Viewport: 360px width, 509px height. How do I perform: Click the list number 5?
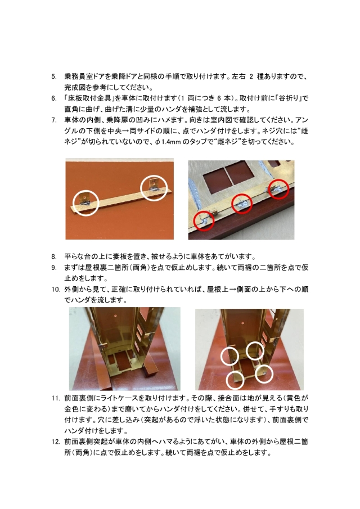click(x=53, y=77)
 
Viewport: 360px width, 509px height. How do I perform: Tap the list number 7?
click(x=53, y=120)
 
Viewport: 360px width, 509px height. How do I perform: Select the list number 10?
click(x=55, y=290)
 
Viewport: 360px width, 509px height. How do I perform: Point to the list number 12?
click(x=55, y=442)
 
